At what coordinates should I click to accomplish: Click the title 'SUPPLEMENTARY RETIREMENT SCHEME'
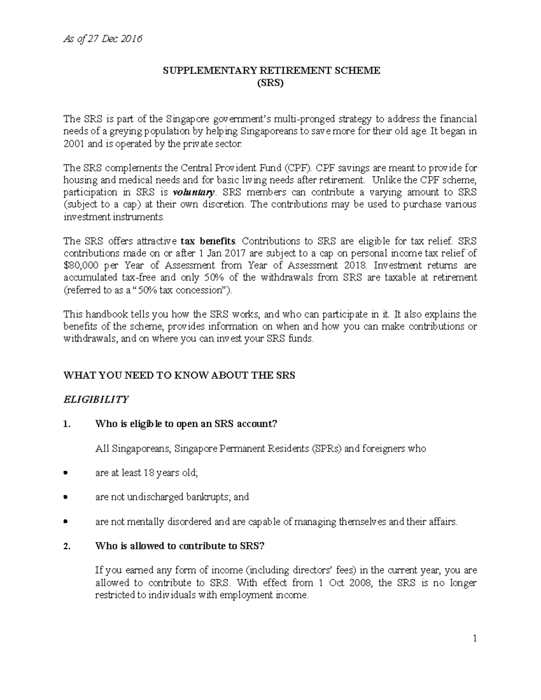tap(271, 70)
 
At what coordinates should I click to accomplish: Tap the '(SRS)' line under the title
tap(270, 83)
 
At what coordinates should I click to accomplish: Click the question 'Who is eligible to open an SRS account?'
tap(186, 424)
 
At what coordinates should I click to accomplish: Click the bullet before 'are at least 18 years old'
tap(66, 473)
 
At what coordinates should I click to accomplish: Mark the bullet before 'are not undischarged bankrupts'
tap(66, 497)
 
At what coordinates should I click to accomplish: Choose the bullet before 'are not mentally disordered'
tap(66, 522)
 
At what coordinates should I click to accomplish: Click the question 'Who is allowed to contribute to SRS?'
tap(179, 546)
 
